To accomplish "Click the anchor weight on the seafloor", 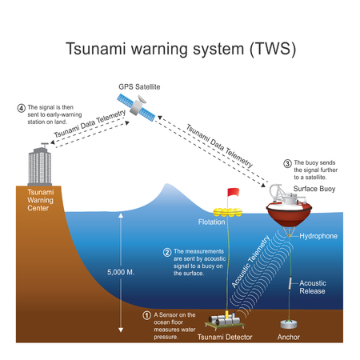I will click(288, 326).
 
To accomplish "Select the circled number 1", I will click(146, 314).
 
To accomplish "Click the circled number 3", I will click(287, 163).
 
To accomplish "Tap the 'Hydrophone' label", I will click(319, 237).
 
